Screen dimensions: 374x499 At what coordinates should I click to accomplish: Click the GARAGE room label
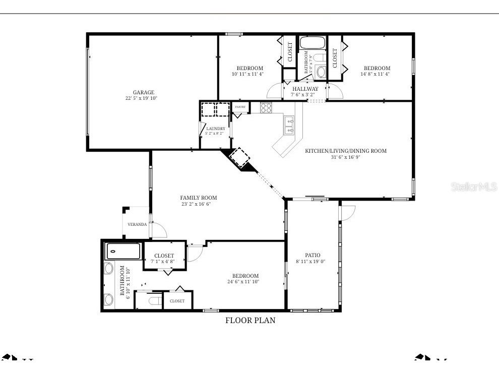coord(144,92)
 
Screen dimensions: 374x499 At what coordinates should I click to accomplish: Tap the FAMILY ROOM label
coord(199,198)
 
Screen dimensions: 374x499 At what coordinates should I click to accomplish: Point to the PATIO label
coord(313,255)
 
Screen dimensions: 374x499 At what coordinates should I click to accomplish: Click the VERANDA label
coord(137,224)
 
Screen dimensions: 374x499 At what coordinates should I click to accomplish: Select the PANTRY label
coord(240,107)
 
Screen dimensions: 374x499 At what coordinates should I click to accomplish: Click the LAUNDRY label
coord(216,129)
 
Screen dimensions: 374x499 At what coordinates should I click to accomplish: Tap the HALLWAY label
coord(305,89)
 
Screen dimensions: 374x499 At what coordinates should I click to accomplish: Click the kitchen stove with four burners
coord(266,107)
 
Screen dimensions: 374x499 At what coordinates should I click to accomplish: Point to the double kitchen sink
coord(289,126)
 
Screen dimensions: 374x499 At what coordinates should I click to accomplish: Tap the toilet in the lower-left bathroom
coord(155,301)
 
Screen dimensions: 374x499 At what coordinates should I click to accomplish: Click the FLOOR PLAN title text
coord(250,320)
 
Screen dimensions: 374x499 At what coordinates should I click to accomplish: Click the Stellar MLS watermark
coord(474,187)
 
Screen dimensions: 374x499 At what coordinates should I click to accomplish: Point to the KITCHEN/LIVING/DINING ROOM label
coord(346,151)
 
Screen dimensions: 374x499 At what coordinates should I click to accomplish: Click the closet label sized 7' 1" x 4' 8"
coord(164,256)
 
